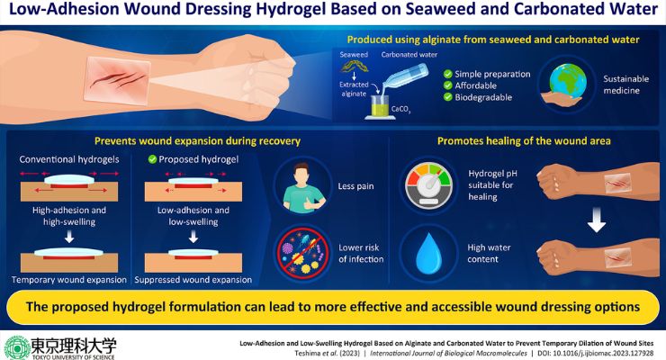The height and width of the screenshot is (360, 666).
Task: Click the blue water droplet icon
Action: click(429, 253)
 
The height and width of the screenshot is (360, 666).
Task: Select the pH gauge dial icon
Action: click(428, 185)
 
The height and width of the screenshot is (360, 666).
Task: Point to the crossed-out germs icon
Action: click(302, 254)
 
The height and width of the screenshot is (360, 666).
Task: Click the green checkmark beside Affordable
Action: click(447, 85)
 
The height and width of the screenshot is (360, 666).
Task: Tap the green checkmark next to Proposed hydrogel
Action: click(152, 159)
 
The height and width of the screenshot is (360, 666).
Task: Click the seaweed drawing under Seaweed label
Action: click(355, 66)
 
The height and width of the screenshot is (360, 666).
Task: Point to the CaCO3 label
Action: click(400, 110)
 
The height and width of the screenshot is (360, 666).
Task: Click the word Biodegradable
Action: click(483, 97)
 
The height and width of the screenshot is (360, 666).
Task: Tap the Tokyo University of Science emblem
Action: click(16, 348)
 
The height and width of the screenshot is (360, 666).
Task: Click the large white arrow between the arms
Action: click(597, 220)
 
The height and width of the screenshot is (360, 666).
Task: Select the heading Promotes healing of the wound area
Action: click(524, 141)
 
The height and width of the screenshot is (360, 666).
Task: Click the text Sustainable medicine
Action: click(625, 85)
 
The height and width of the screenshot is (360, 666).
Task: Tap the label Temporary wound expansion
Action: click(69, 280)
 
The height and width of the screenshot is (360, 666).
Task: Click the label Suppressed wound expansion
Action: click(193, 280)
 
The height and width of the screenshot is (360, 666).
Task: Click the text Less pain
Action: click(355, 186)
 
